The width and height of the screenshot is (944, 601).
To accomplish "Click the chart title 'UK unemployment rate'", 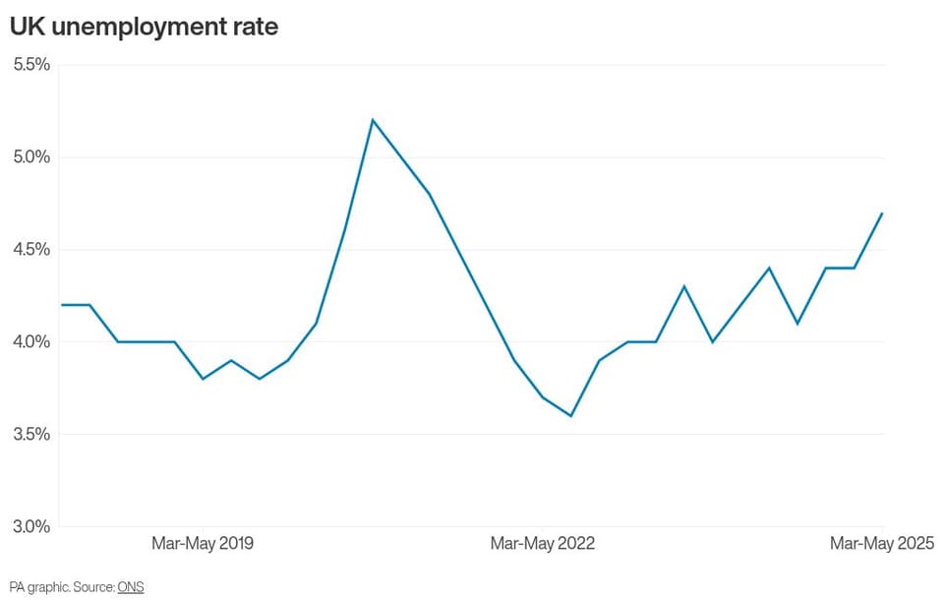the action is pos(144,28).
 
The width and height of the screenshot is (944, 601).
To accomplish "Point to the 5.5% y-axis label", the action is pos(31,65).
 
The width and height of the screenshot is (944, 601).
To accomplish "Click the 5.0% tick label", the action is pos(31,157).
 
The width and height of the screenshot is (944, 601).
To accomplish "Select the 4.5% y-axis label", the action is pos(31,249).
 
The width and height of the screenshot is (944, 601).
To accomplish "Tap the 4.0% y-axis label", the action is pos(31,342).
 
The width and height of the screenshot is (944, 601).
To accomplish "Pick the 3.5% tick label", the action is pos(31,434).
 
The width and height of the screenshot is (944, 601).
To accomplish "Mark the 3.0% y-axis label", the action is pos(31,526).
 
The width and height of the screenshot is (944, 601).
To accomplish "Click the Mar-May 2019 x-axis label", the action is pos(203,543).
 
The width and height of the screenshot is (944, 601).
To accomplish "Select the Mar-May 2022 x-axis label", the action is pos(543,543).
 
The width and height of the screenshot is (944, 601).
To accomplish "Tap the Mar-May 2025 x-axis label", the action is pos(882,543).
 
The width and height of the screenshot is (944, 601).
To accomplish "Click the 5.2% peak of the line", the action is pos(373,120).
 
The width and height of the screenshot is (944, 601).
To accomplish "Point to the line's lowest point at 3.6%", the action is pos(570,415).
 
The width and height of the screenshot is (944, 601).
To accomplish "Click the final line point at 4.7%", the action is pos(882,212).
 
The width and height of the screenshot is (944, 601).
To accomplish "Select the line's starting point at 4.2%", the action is pos(62,305).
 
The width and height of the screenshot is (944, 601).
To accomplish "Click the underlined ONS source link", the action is pos(131,586).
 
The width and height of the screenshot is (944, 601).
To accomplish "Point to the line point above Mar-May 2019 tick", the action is pos(203,379).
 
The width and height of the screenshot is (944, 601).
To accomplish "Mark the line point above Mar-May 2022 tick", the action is pos(543,397).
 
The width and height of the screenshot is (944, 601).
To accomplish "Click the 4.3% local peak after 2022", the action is pos(684,286).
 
